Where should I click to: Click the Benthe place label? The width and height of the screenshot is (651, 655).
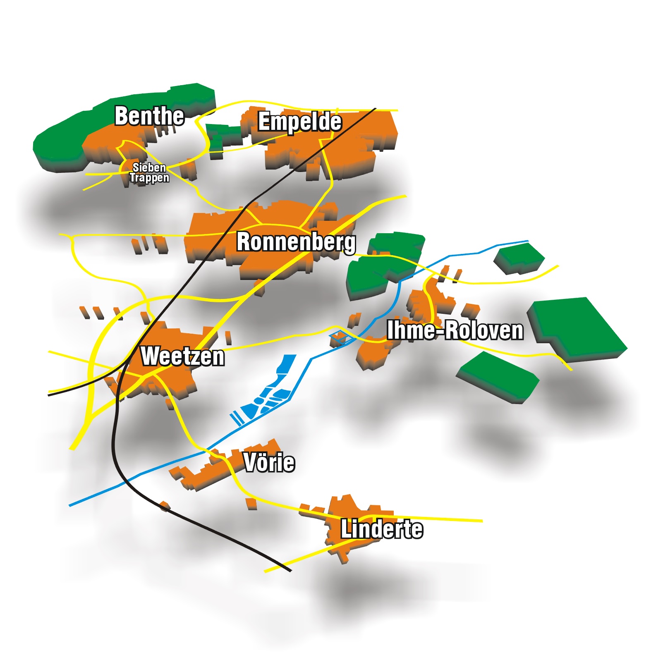[x=149, y=116]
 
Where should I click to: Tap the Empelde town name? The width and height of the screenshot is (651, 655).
[x=299, y=122]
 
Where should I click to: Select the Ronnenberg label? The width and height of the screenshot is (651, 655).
[x=296, y=241]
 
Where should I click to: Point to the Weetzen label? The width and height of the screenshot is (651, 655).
[x=182, y=356]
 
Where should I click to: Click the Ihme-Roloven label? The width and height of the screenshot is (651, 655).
[x=455, y=330]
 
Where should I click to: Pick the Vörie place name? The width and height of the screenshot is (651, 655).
[x=269, y=462]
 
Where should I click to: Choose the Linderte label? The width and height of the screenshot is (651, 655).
[x=381, y=529]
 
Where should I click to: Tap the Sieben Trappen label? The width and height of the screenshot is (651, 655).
[x=149, y=172]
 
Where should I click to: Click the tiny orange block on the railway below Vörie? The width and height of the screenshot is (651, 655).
[x=165, y=506]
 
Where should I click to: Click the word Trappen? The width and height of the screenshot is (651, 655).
[x=149, y=178]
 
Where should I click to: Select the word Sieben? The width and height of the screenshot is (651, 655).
[x=149, y=167]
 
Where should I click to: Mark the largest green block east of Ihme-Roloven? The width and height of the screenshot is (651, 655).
[x=579, y=327]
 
